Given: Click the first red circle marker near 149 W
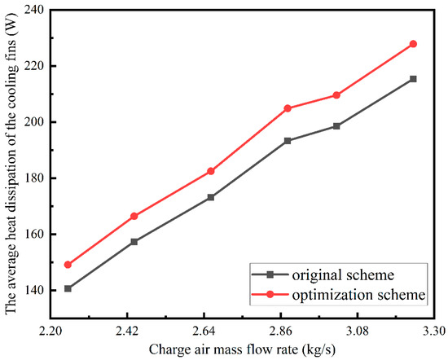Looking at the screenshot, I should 68,265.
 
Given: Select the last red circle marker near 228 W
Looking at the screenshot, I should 413,44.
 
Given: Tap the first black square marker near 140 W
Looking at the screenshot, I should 68,288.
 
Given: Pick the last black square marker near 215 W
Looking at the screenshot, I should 413,79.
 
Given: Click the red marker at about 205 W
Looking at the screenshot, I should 288,108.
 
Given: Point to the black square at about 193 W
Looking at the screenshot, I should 288,141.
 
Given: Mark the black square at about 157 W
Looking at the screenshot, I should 134,242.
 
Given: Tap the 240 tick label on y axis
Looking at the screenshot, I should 32,10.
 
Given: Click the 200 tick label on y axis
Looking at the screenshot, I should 32,122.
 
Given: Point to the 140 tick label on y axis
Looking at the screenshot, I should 32,290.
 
